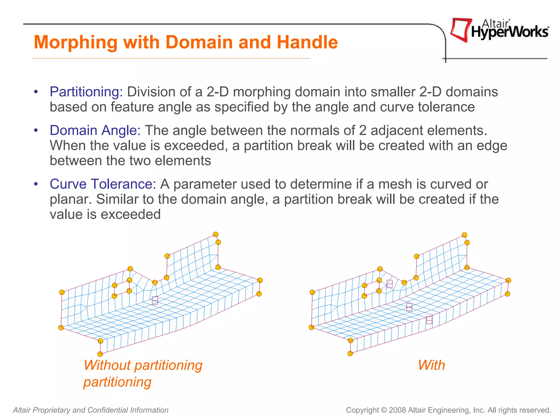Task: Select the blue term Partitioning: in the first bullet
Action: click(x=86, y=92)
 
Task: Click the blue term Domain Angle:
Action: click(x=95, y=130)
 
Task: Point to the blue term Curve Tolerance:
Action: click(x=103, y=184)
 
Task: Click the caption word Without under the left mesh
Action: click(x=107, y=365)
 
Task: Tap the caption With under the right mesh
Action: click(x=432, y=365)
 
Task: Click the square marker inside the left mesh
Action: click(x=155, y=300)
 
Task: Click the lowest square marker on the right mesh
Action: click(x=429, y=320)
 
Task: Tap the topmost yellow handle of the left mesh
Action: click(x=216, y=234)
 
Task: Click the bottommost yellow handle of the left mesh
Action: click(x=100, y=354)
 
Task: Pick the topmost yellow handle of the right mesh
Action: click(x=465, y=235)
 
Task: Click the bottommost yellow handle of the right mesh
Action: click(x=350, y=354)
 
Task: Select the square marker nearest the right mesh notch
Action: click(x=389, y=284)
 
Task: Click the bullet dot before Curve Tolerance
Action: click(x=36, y=184)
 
